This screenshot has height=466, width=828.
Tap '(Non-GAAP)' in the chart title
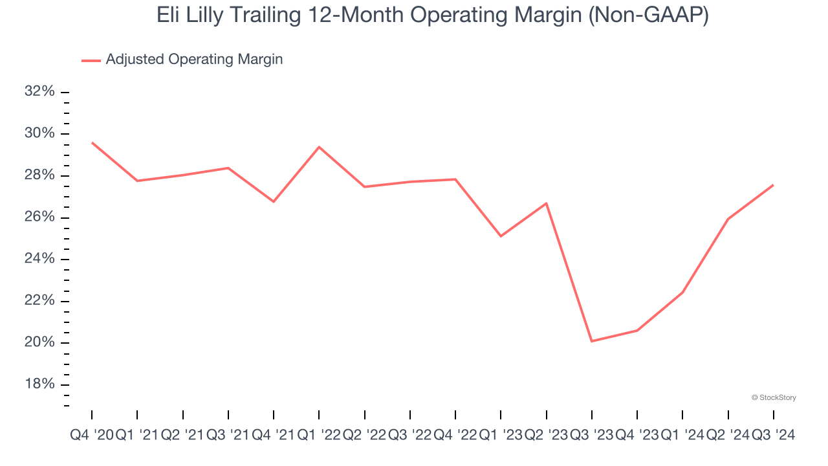click(648, 16)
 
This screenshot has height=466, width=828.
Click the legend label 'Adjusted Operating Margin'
click(194, 60)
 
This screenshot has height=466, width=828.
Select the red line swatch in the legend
click(91, 60)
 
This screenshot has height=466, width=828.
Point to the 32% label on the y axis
click(39, 92)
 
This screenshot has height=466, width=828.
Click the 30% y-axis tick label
click(39, 134)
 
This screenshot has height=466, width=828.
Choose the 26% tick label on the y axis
click(39, 217)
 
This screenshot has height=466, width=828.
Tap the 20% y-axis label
click(39, 343)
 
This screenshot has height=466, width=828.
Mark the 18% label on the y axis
click(39, 384)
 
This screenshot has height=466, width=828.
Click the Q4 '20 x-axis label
click(91, 436)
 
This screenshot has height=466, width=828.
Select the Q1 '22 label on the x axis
click(319, 436)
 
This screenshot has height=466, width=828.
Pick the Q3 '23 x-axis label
click(592, 436)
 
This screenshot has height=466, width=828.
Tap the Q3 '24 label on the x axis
click(773, 436)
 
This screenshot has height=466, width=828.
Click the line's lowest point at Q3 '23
click(592, 341)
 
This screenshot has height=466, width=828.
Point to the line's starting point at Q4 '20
click(92, 142)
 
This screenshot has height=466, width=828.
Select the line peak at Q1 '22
click(319, 147)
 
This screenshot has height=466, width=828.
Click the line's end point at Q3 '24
click(774, 185)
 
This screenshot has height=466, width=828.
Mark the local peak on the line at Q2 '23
click(547, 203)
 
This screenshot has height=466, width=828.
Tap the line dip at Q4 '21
click(274, 201)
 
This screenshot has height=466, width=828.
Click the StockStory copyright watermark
click(774, 397)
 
